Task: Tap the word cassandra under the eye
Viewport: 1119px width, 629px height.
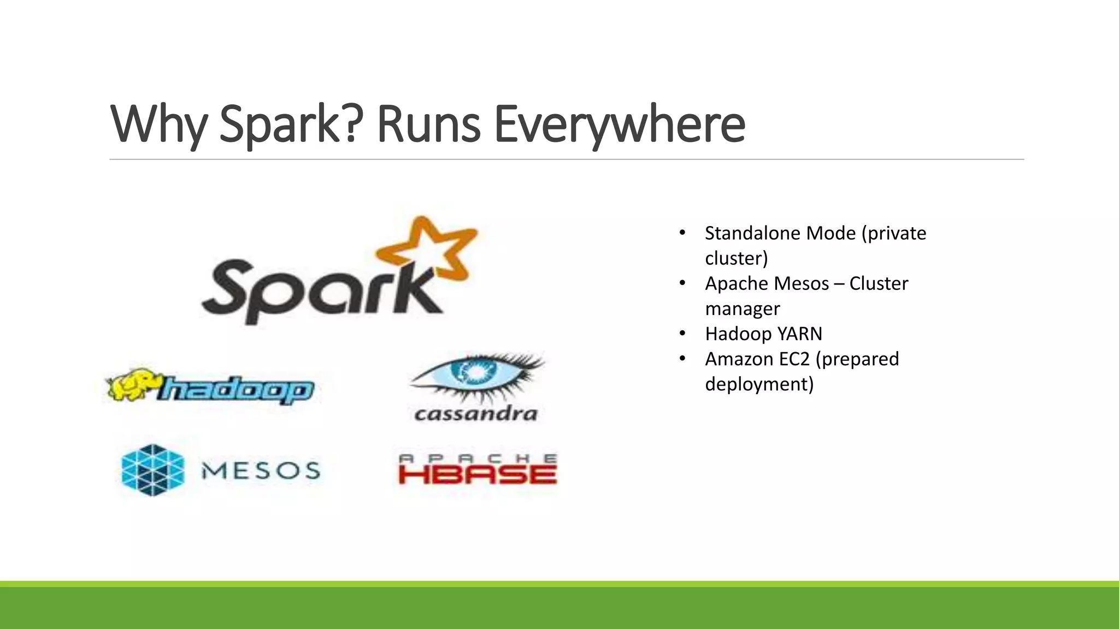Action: pos(476,413)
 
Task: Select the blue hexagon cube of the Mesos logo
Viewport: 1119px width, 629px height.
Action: pos(152,470)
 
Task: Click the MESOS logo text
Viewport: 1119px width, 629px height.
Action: pos(261,471)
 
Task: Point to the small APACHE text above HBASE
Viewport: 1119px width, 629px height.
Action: pos(478,459)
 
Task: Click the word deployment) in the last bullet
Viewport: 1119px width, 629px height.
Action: pos(759,384)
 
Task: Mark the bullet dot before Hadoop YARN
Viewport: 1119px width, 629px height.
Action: pos(682,333)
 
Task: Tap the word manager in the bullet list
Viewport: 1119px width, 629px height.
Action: pos(742,308)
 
